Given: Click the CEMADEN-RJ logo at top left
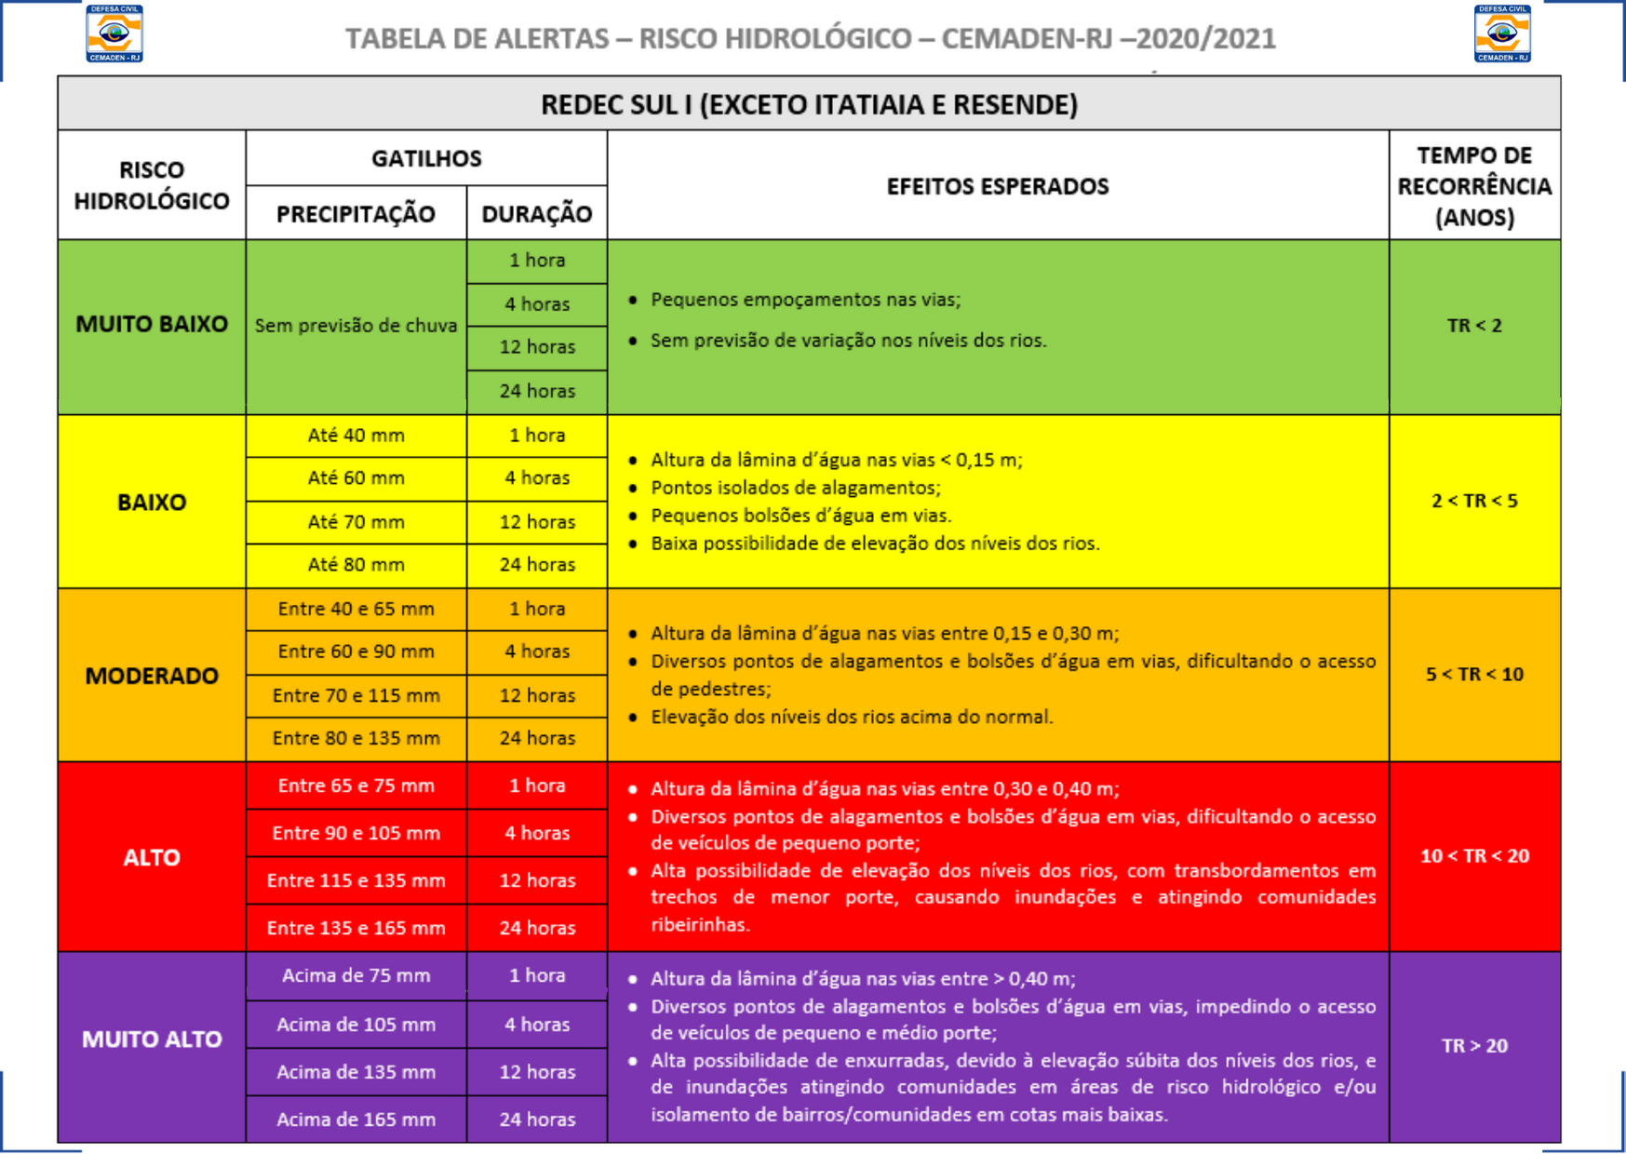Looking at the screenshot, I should (114, 34).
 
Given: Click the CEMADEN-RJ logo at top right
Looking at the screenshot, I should (1502, 34).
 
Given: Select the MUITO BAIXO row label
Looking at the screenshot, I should (151, 324).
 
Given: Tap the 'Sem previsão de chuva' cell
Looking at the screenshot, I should (356, 326).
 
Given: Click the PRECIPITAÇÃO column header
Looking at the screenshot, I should (356, 214).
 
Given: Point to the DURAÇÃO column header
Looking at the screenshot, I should (536, 214).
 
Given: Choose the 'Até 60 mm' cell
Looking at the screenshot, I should (356, 478).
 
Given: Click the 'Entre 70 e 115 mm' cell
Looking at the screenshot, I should (356, 695).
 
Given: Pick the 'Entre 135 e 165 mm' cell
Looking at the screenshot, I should (356, 928).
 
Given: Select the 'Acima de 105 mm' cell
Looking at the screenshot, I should (356, 1025).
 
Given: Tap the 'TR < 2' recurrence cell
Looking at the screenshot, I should (1474, 326).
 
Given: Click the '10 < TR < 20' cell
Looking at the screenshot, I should (1474, 856).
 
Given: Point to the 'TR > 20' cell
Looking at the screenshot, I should (1474, 1046).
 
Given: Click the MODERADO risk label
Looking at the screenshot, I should (151, 676).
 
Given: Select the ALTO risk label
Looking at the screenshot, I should (151, 857).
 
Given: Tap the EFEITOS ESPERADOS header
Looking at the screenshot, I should (997, 186).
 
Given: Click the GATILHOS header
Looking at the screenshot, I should (426, 158).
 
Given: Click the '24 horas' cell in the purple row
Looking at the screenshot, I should (536, 1120).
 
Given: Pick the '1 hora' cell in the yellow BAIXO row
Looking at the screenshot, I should (536, 436).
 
